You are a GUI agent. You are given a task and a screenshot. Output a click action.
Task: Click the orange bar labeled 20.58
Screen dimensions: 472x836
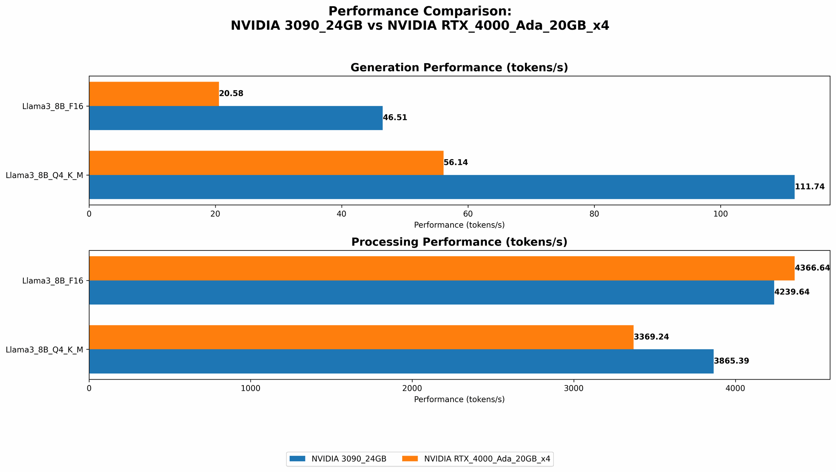[x=154, y=94]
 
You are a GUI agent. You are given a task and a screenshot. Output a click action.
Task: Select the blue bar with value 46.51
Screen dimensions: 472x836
[x=236, y=118]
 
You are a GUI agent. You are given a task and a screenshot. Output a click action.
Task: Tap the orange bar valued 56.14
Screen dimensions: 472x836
[x=266, y=163]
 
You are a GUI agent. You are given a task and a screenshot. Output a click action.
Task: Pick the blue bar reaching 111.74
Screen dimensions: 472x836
[x=441, y=187]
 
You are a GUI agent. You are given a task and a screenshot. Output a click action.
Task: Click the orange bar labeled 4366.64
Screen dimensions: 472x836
[x=441, y=268]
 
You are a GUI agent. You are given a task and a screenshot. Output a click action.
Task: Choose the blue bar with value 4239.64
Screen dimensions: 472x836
[x=431, y=292]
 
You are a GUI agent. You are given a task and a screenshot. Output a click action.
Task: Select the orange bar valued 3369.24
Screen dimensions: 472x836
[x=361, y=337]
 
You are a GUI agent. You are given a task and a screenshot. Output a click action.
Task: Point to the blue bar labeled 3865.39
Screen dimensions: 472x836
[x=401, y=361]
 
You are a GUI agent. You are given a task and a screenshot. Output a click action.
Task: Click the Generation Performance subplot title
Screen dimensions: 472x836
[x=459, y=68]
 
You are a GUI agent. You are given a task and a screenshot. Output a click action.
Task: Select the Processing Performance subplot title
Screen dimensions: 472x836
[x=459, y=242]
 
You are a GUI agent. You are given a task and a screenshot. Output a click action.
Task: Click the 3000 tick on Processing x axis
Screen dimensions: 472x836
[x=574, y=388]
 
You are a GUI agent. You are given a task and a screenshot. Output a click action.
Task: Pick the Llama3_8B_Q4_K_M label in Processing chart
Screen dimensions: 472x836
[x=44, y=350]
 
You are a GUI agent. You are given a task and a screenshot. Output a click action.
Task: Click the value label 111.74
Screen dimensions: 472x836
[x=810, y=187]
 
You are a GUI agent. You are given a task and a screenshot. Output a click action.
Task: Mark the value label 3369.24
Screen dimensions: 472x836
[x=651, y=337]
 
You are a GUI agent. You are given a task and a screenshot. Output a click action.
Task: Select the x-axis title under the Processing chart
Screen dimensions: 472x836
[x=459, y=399]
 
